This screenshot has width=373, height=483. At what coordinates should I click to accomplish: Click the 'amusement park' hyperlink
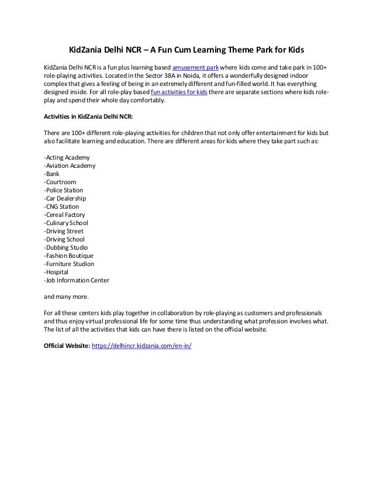point(195,68)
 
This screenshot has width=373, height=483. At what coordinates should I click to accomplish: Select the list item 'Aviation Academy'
point(70,166)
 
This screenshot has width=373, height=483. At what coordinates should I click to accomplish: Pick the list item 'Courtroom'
point(60,182)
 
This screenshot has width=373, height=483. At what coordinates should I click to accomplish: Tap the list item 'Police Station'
point(63,191)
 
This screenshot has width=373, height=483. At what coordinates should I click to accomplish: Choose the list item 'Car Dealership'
point(65,199)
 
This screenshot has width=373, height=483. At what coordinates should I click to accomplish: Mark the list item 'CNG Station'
point(61,207)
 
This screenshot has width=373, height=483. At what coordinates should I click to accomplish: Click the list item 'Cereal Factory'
point(64,215)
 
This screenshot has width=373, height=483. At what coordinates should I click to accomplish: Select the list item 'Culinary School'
point(66,223)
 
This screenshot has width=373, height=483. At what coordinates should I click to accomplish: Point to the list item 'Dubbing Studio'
point(65,248)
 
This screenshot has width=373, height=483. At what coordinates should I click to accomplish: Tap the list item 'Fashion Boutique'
point(68,256)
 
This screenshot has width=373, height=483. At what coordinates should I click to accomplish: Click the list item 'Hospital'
point(56,272)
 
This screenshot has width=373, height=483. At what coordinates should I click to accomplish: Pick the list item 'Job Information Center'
point(76,281)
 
